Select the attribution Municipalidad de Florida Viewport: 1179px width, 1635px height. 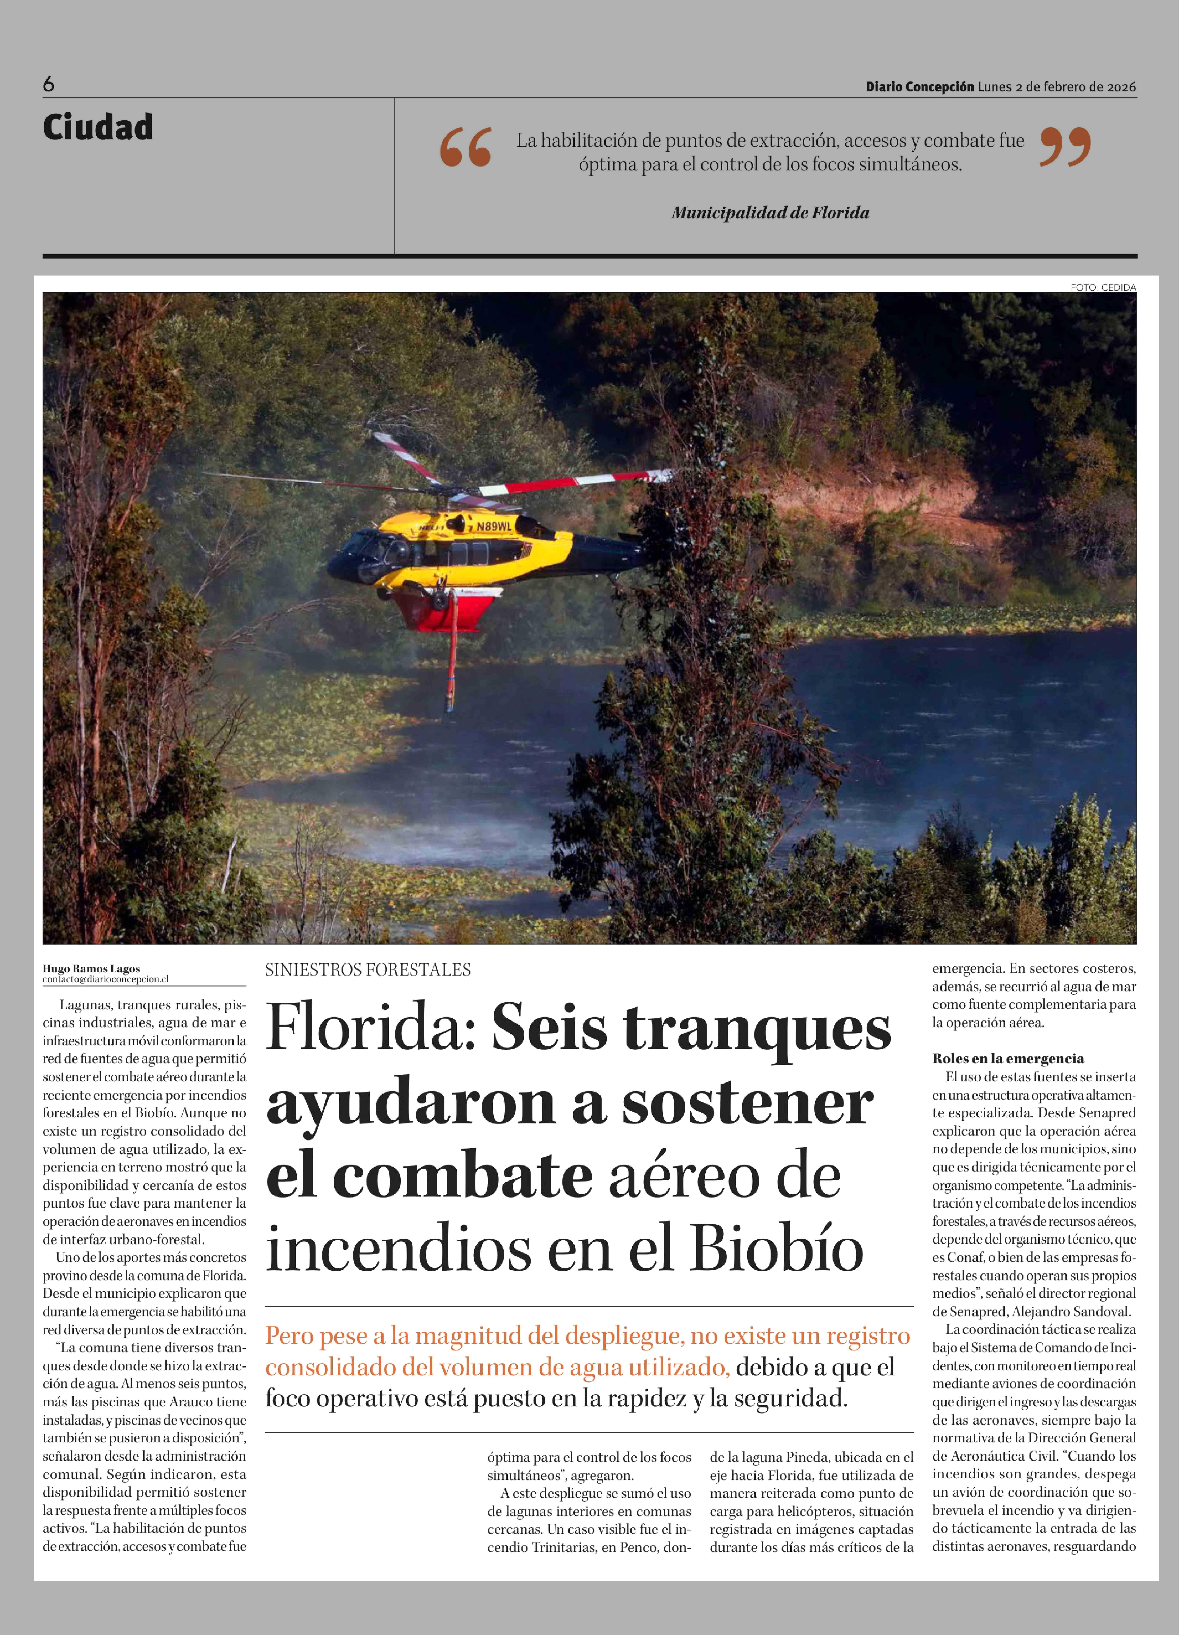coord(770,213)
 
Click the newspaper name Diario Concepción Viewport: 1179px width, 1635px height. coord(919,87)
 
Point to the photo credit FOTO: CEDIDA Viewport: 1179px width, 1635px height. coord(1103,287)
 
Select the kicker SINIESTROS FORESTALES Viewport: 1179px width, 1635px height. coord(368,970)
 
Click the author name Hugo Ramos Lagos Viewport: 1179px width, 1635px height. coord(92,968)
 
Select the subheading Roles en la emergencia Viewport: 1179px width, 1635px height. coord(1008,1058)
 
